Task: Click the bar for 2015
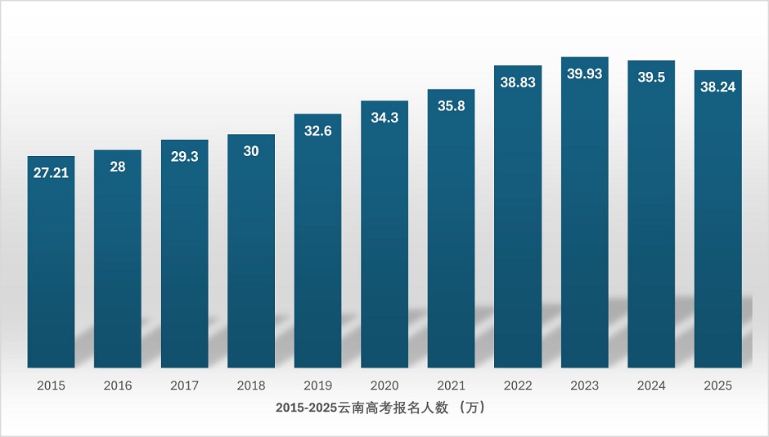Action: (51, 261)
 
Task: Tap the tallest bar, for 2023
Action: (584, 212)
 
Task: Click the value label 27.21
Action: (51, 173)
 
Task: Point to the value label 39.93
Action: (584, 74)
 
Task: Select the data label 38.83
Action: (518, 82)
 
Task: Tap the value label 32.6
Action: (317, 131)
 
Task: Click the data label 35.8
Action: (451, 106)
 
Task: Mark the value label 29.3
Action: (184, 157)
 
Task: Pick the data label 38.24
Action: (717, 87)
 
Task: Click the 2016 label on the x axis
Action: (118, 386)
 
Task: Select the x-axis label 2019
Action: (317, 386)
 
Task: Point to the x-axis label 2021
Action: (451, 386)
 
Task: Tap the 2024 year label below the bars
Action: (651, 386)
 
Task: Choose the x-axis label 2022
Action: (518, 386)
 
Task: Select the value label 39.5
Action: (651, 78)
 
